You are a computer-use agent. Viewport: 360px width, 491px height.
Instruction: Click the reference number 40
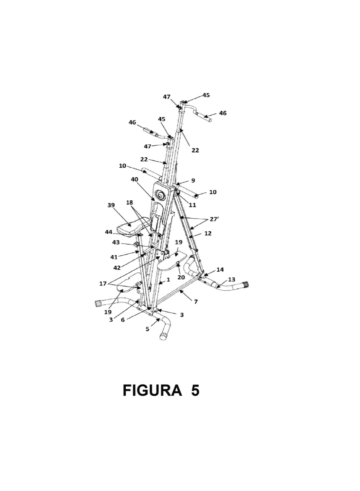135,179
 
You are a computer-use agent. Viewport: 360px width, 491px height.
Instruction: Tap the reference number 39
111,205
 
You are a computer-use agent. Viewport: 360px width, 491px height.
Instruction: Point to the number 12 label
208,233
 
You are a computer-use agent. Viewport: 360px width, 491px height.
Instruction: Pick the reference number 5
123,320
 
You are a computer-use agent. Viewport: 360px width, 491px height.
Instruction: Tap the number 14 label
220,270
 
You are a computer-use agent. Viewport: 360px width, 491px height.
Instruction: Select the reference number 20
181,277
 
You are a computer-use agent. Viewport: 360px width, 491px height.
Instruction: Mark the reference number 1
168,280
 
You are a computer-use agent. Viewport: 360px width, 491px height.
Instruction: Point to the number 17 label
103,284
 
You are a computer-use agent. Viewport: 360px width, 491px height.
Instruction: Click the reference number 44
109,232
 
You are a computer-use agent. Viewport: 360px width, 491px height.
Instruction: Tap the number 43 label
116,243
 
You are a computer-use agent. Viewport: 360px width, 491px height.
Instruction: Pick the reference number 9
193,180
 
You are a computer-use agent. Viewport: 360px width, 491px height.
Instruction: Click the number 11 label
192,205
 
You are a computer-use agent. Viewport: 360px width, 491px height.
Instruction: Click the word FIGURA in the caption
152,391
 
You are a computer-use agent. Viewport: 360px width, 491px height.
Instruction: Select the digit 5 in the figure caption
195,391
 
